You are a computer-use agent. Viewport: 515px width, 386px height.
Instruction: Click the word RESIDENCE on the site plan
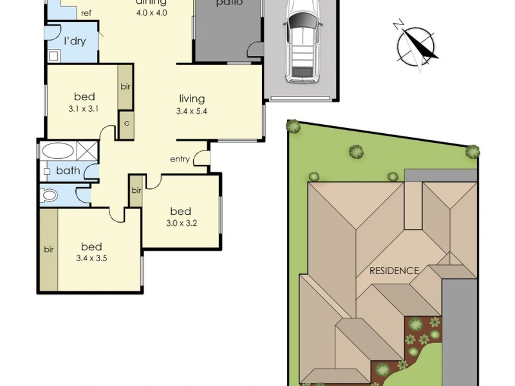click(394, 270)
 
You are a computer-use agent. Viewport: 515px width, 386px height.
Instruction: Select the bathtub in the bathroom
click(58, 152)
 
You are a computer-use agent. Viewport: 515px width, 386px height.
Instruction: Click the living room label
click(192, 98)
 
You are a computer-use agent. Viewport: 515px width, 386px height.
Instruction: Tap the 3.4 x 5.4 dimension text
click(192, 111)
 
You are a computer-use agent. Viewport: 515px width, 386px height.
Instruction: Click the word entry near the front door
click(180, 159)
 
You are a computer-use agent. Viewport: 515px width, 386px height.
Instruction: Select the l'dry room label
click(75, 41)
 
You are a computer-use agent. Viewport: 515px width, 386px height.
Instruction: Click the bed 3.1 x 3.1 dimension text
click(84, 109)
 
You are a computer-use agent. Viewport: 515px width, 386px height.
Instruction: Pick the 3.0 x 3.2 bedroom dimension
click(180, 223)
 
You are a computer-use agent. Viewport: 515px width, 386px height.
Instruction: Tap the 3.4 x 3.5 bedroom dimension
click(91, 258)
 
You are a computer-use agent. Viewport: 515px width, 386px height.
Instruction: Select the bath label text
click(68, 170)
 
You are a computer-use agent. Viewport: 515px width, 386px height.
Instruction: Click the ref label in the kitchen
click(86, 13)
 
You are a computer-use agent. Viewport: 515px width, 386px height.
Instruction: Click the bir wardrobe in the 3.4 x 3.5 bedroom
click(48, 249)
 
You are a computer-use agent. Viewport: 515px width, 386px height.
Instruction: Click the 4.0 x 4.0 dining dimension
click(151, 12)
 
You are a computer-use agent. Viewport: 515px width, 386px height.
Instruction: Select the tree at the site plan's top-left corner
click(294, 127)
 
